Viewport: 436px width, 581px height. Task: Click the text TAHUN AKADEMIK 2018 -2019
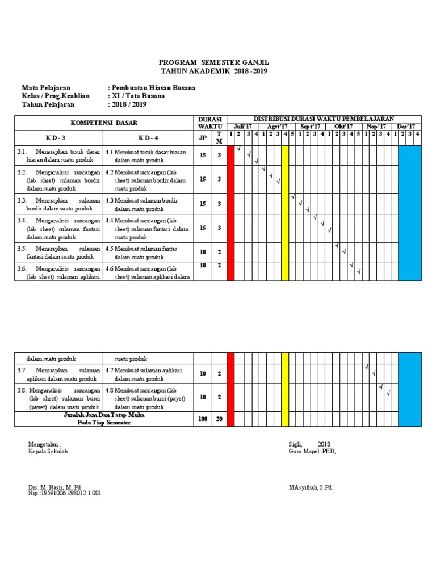coord(213,71)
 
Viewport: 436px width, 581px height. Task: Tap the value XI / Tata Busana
coord(139,96)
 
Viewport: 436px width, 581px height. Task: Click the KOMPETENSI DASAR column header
coord(103,123)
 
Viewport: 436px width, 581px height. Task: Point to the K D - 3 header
coord(58,138)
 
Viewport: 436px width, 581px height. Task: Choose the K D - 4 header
coord(148,138)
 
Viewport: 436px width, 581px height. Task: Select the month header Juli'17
coord(244,126)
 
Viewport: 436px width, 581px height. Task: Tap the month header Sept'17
coord(311,126)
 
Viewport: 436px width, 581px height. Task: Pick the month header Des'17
coord(406,126)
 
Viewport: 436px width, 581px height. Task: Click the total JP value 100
coord(203,419)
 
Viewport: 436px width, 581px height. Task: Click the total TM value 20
coord(219,419)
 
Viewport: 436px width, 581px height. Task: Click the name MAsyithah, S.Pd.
coord(311,487)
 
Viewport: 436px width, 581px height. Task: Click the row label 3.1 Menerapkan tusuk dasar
coord(58,155)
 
